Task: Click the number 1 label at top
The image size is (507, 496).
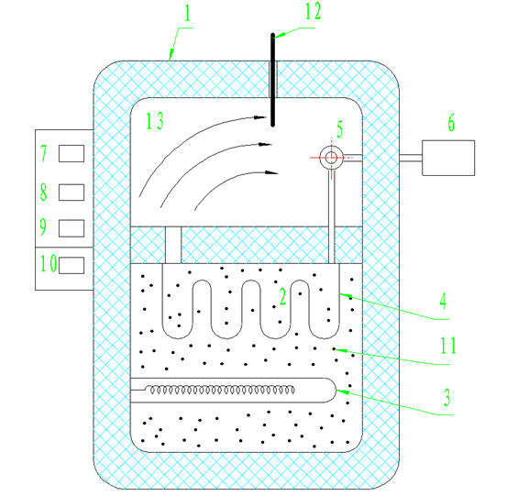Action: pos(188,14)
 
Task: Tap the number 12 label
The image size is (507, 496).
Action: pos(313,12)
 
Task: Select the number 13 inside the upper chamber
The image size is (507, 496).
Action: pos(155,121)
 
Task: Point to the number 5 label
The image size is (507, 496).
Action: pos(340,129)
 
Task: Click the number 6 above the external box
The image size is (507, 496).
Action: pos(451,122)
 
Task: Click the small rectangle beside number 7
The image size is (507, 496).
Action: pos(72,154)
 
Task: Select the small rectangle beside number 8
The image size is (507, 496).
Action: pos(72,193)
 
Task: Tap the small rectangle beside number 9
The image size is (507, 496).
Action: pos(72,228)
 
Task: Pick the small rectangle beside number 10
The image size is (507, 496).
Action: pos(72,266)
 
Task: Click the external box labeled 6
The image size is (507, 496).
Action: pos(448,158)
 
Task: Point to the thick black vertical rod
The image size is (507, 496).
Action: pos(273,80)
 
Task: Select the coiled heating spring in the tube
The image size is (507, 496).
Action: pos(222,390)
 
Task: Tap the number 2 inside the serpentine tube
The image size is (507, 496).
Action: pos(282,296)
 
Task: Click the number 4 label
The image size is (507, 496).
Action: pos(444,301)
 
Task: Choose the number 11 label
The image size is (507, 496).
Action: pos(448,346)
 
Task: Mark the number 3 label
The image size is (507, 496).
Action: pos(446,397)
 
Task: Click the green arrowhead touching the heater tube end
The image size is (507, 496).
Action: pos(343,391)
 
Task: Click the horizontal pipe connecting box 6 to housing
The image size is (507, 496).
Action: pos(411,158)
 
